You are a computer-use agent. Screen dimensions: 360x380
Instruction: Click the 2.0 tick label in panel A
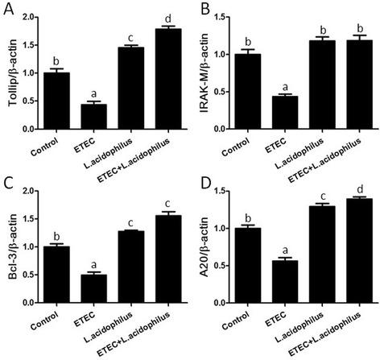pos(30,17)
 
